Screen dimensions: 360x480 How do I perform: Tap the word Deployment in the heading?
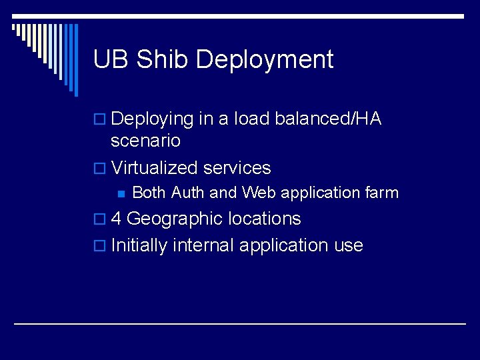coord(265,60)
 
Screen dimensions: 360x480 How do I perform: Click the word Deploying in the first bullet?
coord(152,119)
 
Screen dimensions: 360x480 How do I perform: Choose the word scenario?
coord(145,141)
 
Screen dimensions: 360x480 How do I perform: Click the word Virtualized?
coord(154,167)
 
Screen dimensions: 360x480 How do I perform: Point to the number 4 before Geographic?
coord(116,219)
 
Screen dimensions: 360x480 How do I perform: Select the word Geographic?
coord(174,219)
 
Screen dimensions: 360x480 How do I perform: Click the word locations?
coord(264,219)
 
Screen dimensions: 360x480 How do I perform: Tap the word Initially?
coord(139,245)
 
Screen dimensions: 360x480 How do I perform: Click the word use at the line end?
coord(349,245)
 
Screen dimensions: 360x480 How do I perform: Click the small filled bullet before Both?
coord(121,193)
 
